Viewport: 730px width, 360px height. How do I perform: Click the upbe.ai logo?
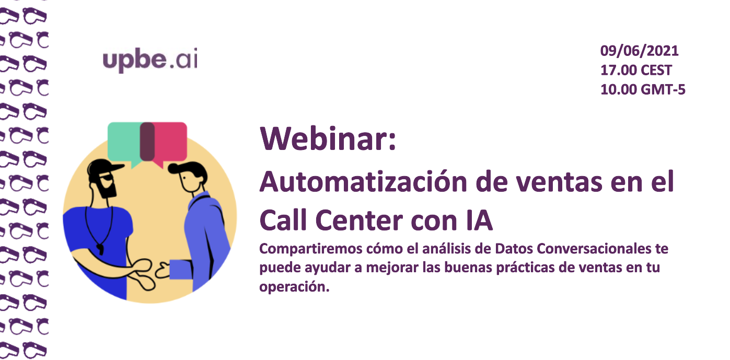[150, 60]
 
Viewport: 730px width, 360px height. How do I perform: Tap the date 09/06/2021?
[640, 51]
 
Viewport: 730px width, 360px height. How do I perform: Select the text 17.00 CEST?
[636, 70]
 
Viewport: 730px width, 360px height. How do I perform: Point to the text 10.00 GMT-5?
[643, 89]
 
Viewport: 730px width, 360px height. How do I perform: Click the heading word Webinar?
[328, 139]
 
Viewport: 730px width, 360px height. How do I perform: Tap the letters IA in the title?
[479, 220]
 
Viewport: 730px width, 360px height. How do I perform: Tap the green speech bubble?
[124, 142]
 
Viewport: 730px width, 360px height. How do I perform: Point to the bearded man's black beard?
[107, 188]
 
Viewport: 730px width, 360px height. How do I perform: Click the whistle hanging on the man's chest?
[100, 249]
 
